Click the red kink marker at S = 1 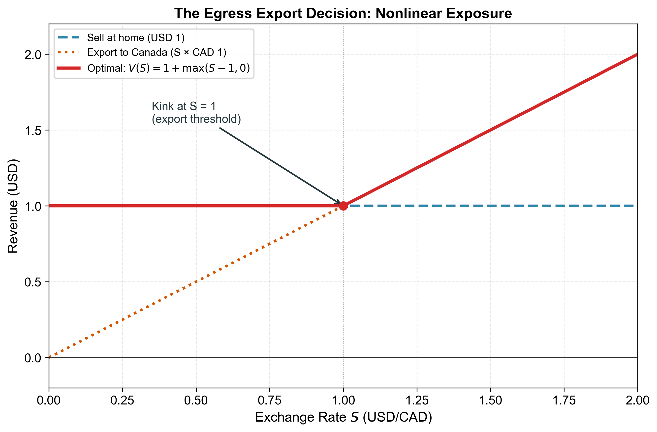[x=343, y=206]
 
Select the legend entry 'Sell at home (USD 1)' [x=135, y=37]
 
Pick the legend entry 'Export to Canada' [x=156, y=52]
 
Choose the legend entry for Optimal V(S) [x=168, y=68]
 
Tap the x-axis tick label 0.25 [x=122, y=401]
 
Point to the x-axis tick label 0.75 [x=269, y=401]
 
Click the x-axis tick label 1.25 [x=417, y=401]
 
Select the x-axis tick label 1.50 [x=490, y=401]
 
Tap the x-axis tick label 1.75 [x=564, y=401]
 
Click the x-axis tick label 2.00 [x=637, y=401]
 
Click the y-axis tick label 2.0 [x=32, y=55]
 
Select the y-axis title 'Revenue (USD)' [x=13, y=206]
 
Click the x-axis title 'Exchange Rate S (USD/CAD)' [x=343, y=417]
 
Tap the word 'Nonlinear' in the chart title [x=409, y=13]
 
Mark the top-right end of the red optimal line [x=637, y=55]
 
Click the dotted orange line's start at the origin [x=50, y=357]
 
